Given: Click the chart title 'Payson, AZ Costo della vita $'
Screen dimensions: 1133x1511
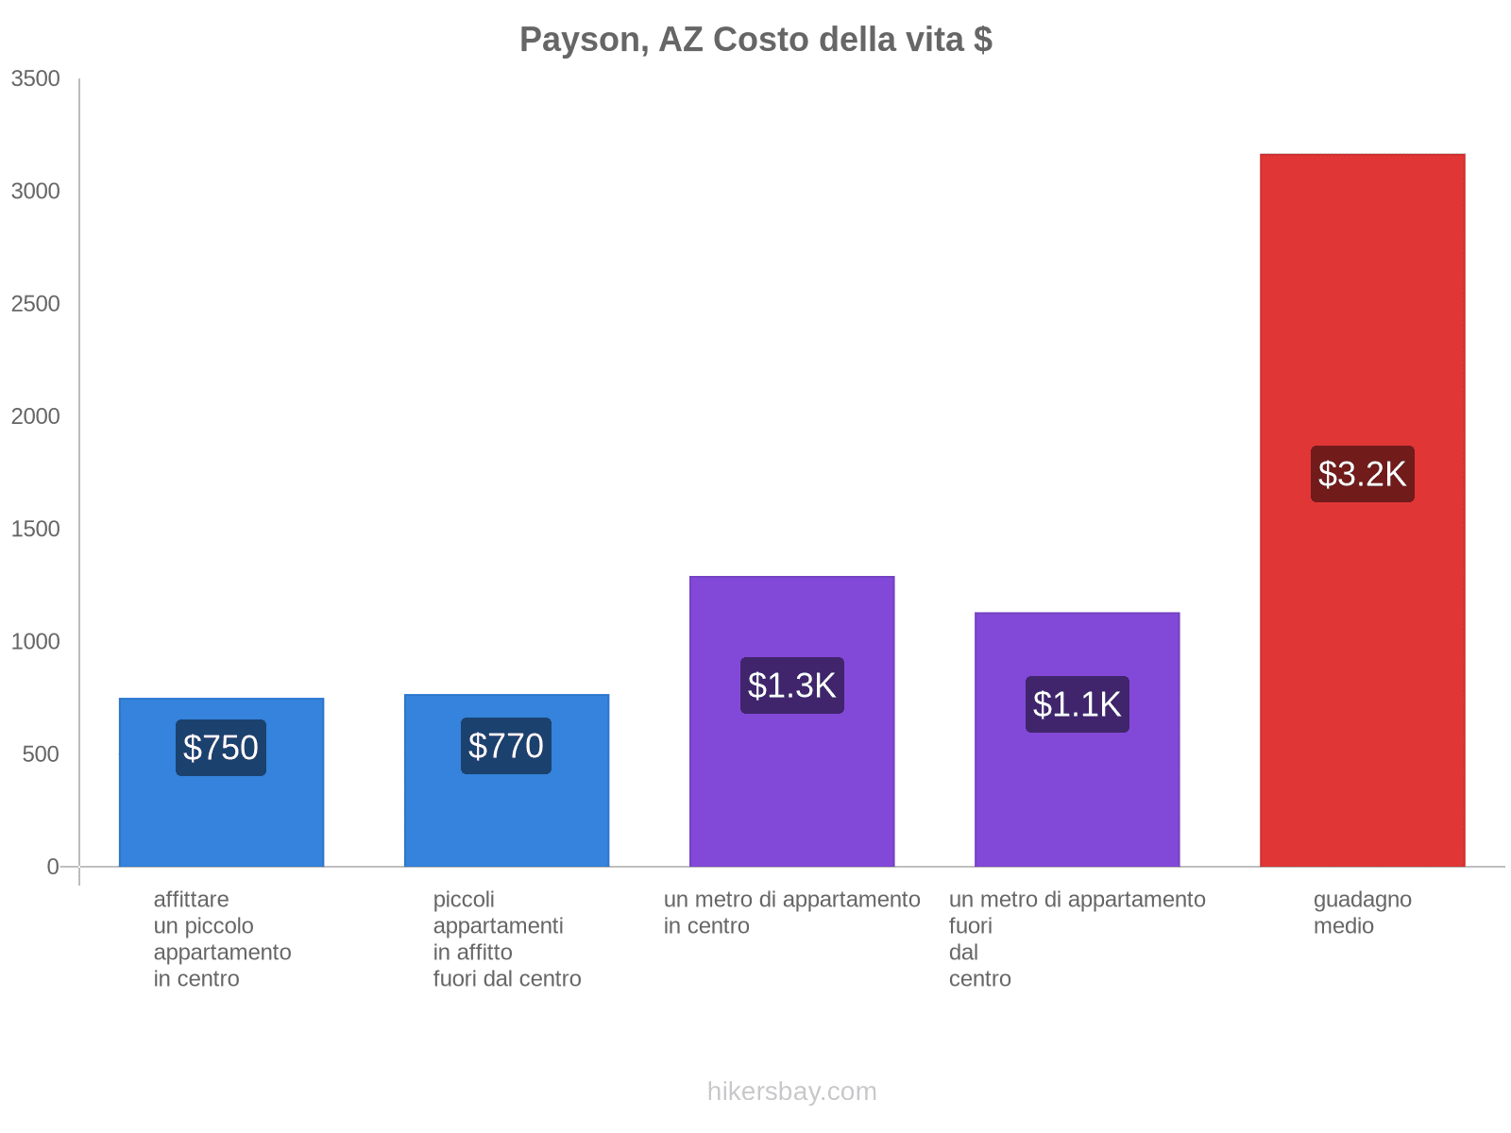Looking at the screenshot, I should click(x=755, y=40).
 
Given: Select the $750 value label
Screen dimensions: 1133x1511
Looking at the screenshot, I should click(x=221, y=748).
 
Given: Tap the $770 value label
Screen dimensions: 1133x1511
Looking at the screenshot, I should click(x=506, y=746).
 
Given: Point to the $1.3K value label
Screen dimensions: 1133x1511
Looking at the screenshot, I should click(x=791, y=685).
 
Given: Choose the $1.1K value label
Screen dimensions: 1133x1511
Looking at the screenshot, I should click(x=1077, y=704).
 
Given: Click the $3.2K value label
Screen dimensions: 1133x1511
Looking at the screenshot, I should click(x=1362, y=474).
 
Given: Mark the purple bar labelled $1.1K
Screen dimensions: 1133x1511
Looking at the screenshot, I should click(x=1077, y=803).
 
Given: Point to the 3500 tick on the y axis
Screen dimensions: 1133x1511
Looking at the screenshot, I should click(x=36, y=79).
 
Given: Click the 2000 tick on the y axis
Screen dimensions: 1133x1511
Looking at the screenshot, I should click(x=36, y=416).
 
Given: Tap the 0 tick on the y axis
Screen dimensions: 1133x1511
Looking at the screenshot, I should click(x=53, y=867).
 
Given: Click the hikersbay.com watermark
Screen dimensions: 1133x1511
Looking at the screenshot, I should click(x=791, y=1091).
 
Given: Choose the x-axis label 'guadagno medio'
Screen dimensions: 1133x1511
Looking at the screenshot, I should click(x=1362, y=913).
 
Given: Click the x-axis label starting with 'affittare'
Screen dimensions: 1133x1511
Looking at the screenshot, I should click(x=222, y=939).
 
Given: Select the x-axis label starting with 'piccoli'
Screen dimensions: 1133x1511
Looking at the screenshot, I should click(x=506, y=939).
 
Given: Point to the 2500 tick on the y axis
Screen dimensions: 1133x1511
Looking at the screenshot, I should click(x=36, y=304).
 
